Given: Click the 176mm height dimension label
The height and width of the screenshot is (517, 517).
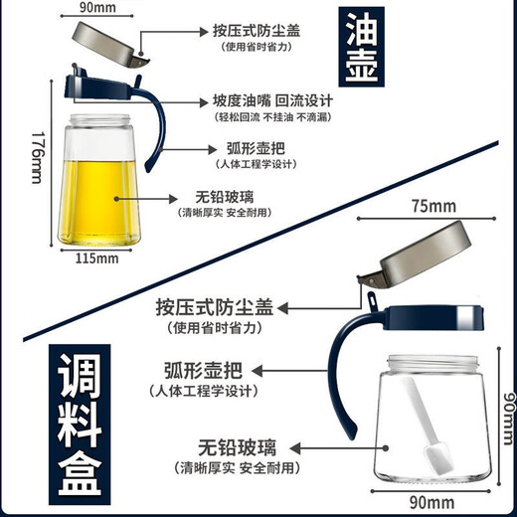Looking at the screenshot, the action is [38, 157].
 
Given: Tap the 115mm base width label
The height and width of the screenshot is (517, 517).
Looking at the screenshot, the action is [96, 258].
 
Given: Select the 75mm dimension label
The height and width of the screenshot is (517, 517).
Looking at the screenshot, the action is [433, 206].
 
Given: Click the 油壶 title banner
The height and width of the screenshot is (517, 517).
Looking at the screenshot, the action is [362, 47].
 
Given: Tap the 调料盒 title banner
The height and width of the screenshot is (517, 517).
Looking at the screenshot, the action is [80, 425].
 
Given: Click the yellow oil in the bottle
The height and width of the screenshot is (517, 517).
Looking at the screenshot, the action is [98, 202].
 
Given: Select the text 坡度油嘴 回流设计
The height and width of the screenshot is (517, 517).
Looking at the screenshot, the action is [272, 100].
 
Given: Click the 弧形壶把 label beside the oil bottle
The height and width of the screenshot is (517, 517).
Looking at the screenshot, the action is [256, 148].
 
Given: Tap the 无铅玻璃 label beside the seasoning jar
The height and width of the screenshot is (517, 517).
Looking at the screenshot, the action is [238, 447].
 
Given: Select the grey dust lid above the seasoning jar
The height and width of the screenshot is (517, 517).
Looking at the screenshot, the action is [415, 255].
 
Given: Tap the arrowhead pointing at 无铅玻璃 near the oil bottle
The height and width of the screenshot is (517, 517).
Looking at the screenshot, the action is [173, 199].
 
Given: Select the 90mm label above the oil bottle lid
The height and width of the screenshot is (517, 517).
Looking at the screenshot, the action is [97, 7].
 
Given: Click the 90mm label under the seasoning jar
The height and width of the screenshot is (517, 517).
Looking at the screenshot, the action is [431, 502].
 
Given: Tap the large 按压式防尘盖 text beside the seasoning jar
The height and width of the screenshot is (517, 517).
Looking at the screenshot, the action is [215, 307].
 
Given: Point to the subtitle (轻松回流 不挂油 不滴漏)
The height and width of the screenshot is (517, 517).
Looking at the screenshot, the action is [272, 117].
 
